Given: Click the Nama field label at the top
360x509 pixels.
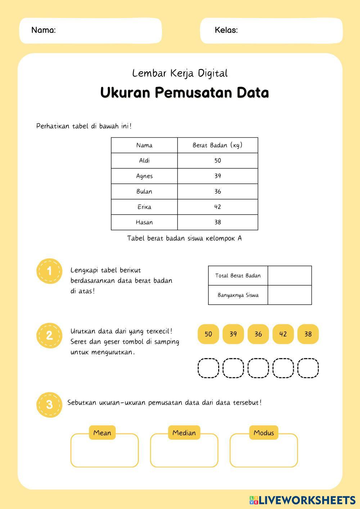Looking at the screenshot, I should pos(44,30).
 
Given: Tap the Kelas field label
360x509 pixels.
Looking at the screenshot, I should pos(226,30).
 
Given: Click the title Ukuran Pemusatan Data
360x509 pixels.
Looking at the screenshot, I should pos(184,93).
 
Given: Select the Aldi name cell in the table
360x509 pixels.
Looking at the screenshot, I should pos(144,161).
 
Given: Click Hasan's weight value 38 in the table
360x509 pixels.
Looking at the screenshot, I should pos(217,222).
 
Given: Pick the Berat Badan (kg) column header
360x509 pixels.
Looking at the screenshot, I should pos(217,145).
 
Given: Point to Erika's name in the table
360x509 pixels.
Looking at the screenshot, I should pos(144,207).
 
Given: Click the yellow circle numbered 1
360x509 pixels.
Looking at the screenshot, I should pos(49,271).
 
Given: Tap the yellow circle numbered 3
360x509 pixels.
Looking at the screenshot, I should pos(49,405).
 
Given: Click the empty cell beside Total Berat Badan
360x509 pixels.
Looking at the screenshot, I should pos(289,276).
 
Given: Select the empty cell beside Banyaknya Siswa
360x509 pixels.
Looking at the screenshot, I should pos(289,295).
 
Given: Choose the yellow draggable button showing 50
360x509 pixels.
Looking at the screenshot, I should pos(208,334).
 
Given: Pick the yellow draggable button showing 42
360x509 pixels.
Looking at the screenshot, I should pos(283,334).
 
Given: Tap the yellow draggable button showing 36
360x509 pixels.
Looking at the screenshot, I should pos(258,334).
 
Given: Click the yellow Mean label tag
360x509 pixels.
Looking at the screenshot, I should pos(102,433).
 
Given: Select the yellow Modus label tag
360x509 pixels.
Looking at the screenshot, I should pos(264,433).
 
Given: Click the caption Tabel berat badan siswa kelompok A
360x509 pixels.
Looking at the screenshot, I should pos(184,238).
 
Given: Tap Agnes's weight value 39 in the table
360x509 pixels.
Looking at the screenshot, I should pos(217,176).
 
